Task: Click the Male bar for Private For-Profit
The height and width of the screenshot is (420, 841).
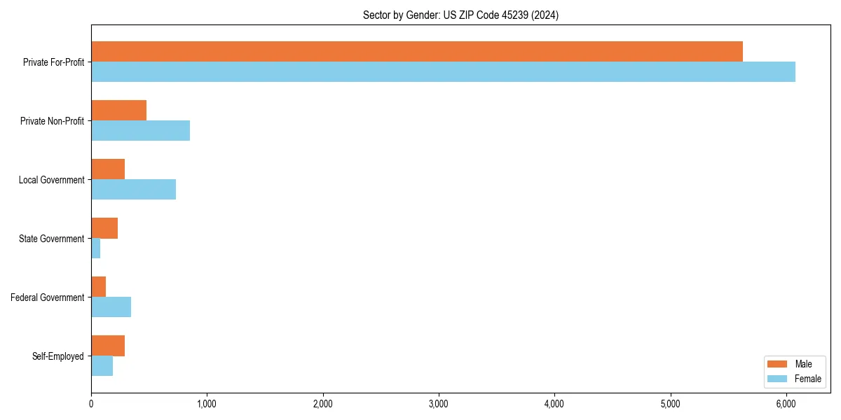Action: coord(417,52)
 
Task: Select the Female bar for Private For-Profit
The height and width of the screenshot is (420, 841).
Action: coord(443,72)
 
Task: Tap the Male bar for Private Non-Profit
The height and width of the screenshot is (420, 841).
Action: coord(118,111)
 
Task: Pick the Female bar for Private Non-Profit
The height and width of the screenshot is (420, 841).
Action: coord(140,131)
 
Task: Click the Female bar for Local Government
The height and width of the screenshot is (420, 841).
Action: coord(133,190)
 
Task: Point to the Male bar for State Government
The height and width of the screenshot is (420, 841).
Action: coord(104,228)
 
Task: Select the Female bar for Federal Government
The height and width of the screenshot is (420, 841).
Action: coord(111,307)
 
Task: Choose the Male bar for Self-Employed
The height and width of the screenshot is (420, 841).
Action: coord(108,346)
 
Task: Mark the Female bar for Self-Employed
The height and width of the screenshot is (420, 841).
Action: coord(102,366)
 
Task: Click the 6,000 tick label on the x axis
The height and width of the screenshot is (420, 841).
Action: coord(786,404)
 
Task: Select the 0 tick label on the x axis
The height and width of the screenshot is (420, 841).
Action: coord(91,404)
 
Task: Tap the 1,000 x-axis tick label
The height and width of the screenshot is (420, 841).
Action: coord(207,404)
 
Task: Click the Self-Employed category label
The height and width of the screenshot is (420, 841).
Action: coord(58,356)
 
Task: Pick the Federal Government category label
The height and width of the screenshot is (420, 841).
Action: coord(48,297)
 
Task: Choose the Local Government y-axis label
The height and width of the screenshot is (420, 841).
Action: coord(51,180)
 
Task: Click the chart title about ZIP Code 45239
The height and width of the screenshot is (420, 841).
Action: coord(460,15)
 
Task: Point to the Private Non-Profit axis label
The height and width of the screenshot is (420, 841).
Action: coord(52,121)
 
